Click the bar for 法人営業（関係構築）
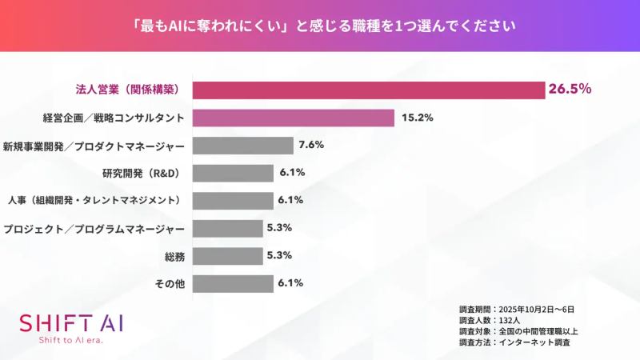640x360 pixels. [368, 90]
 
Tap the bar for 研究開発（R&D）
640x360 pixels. [233, 173]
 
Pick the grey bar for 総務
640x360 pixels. [228, 256]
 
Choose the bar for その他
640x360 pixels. [233, 283]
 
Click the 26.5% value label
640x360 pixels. [570, 89]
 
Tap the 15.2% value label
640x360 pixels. [416, 118]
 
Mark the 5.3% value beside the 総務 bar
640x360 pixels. [280, 256]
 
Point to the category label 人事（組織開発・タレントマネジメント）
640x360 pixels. [97, 200]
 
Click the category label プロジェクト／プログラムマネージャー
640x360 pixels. [94, 228]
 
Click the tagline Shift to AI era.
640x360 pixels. [71, 340]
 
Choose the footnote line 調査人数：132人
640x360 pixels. [489, 319]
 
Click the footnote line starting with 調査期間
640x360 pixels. [517, 308]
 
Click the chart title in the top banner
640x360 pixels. [320, 25]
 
